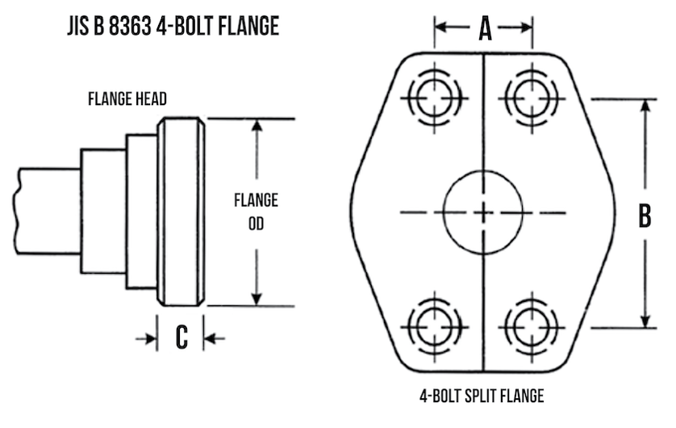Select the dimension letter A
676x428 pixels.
coord(484,29)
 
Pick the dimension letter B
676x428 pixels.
coord(645,216)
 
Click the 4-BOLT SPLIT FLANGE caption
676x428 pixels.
coord(482,397)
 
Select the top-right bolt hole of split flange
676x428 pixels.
coord(528,99)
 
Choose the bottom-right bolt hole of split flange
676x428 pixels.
coord(528,326)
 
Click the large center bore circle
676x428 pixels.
coord(482,212)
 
